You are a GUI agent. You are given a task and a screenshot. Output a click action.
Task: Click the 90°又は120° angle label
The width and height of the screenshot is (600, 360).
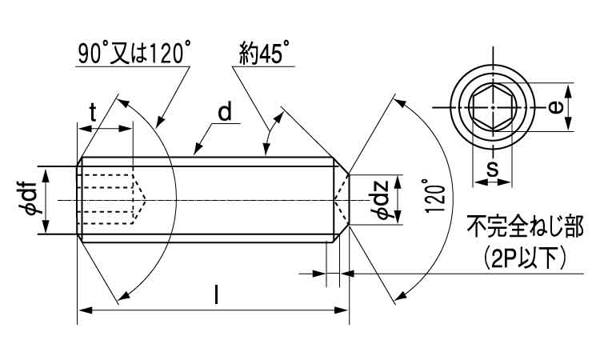pos(133,53)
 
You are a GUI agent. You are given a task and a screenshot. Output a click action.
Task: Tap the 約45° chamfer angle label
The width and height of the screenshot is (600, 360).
pos(265,53)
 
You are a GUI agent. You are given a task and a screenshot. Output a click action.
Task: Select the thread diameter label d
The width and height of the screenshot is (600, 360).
pos(225,112)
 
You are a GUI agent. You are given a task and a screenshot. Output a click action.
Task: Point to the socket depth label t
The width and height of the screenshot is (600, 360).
pos(93,113)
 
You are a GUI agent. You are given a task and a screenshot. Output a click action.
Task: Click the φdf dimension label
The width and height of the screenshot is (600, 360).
pos(29,200)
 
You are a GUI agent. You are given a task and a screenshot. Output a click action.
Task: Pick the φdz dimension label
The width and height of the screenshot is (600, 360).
pos(381,200)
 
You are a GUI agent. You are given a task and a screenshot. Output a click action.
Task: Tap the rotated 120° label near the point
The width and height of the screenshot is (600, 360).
pos(435,195)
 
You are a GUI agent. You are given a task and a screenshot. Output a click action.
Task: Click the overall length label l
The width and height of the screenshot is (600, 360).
pos(217,295)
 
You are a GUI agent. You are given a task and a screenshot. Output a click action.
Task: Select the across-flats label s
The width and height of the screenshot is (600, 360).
pos(493,168)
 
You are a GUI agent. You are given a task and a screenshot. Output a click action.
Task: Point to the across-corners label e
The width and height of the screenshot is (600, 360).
pos(554,107)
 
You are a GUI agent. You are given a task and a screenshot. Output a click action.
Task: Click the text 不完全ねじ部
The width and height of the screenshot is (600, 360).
pos(525,226)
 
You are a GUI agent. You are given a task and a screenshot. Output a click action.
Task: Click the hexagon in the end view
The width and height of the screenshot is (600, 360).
pos(493,107)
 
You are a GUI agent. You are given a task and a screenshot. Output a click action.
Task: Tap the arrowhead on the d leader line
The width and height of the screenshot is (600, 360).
pos(198,150)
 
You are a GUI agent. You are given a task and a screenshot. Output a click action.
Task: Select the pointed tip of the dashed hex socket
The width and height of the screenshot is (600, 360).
pos(146,200)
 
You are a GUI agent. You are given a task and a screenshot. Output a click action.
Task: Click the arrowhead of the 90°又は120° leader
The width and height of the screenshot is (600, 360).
pos(159,122)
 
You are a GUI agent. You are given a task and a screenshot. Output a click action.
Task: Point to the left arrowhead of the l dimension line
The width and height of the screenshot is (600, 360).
pos(85,310)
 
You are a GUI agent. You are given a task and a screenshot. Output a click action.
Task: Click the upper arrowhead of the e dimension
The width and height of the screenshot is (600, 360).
pos(568,92)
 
